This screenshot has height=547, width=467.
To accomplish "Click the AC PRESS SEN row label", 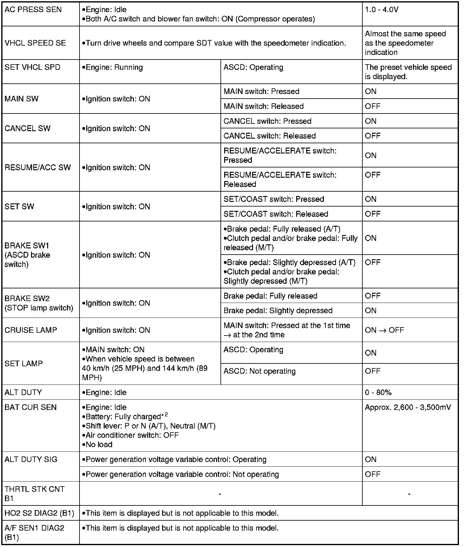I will click(x=33, y=10).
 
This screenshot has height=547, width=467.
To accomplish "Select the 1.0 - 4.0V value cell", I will click(x=382, y=10).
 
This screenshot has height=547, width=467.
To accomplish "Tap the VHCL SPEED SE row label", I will click(x=35, y=43).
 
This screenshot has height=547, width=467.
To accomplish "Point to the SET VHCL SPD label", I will click(x=33, y=67).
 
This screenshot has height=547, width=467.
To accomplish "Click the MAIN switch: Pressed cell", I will click(x=261, y=91).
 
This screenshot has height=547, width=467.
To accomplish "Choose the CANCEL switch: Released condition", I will click(x=270, y=136).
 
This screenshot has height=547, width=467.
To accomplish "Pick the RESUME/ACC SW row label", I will click(x=38, y=167).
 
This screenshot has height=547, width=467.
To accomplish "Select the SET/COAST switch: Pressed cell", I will click(x=274, y=199).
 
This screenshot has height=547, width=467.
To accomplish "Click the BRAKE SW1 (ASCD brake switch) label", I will click(x=27, y=255).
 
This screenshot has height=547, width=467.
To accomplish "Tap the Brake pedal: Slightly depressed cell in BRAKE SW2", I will click(x=278, y=311).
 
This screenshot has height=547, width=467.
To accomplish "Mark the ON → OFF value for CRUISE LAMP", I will click(x=384, y=330).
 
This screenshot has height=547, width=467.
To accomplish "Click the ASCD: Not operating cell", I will click(x=260, y=371).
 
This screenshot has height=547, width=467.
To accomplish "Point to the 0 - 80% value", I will click(x=378, y=393).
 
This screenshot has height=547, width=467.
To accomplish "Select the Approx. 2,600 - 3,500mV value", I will click(x=408, y=407).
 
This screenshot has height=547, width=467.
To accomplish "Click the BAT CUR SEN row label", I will click(x=31, y=407).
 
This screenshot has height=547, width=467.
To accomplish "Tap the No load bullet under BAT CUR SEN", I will click(x=97, y=445).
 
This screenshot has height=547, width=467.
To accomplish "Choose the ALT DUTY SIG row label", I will click(x=31, y=460).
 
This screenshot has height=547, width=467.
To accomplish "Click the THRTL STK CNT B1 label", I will click(x=34, y=494).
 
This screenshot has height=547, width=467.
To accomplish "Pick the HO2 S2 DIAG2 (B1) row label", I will click(x=39, y=513).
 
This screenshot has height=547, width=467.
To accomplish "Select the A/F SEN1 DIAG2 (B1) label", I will click(x=34, y=532).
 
